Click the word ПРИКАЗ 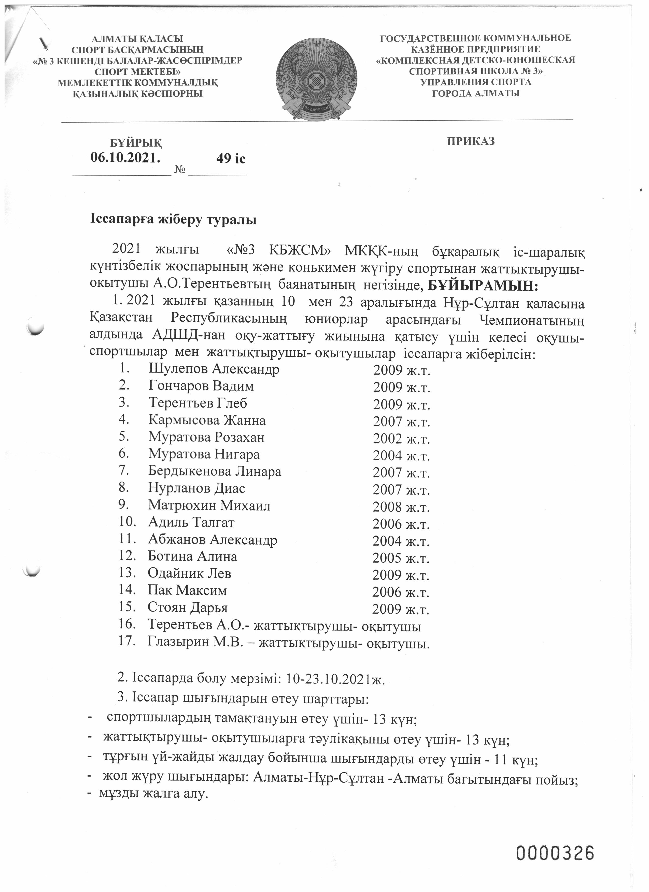pos(470,141)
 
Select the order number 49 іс pos(231,158)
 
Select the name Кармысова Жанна pos(207,420)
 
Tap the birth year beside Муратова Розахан pos(401,438)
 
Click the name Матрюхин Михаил pos(209,506)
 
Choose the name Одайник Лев pos(189,573)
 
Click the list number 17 pos(127,641)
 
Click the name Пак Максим pos(187,590)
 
